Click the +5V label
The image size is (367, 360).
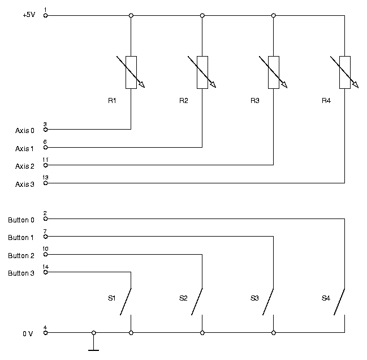click(x=29, y=15)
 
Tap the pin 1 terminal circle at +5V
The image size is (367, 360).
click(x=46, y=15)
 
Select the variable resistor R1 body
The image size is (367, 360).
click(x=131, y=72)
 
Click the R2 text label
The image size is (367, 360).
click(x=183, y=101)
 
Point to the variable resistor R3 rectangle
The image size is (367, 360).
click(x=274, y=72)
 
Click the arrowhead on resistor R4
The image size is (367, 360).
click(x=356, y=84)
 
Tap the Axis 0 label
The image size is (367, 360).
click(x=24, y=130)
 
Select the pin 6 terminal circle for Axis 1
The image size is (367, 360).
click(x=46, y=147)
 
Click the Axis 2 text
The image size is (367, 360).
click(x=24, y=166)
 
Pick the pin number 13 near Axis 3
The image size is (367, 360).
click(x=45, y=177)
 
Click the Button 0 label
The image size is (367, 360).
click(x=21, y=220)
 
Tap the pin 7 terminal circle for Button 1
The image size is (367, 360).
click(x=46, y=237)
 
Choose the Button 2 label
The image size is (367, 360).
click(x=21, y=255)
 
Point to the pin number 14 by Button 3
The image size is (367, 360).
click(x=46, y=267)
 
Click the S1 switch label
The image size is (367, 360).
click(x=111, y=298)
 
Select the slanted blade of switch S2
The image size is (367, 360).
click(x=197, y=302)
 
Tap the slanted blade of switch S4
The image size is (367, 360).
click(x=339, y=302)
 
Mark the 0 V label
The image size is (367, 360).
click(x=28, y=333)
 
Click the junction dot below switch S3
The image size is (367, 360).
click(x=274, y=333)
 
